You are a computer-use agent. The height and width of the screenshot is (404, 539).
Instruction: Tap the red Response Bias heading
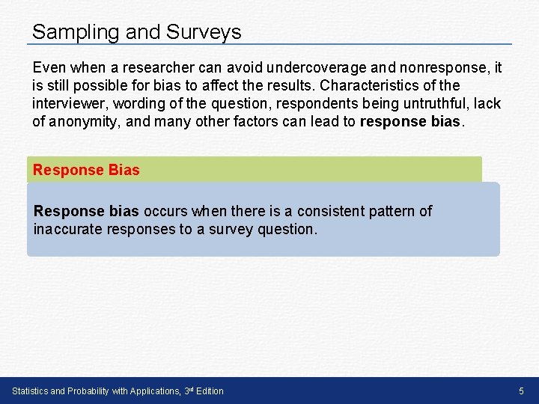pos(86,170)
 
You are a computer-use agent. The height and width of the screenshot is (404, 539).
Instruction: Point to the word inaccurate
pos(69,230)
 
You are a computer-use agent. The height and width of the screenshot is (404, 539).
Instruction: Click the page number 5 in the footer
pos(522,391)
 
